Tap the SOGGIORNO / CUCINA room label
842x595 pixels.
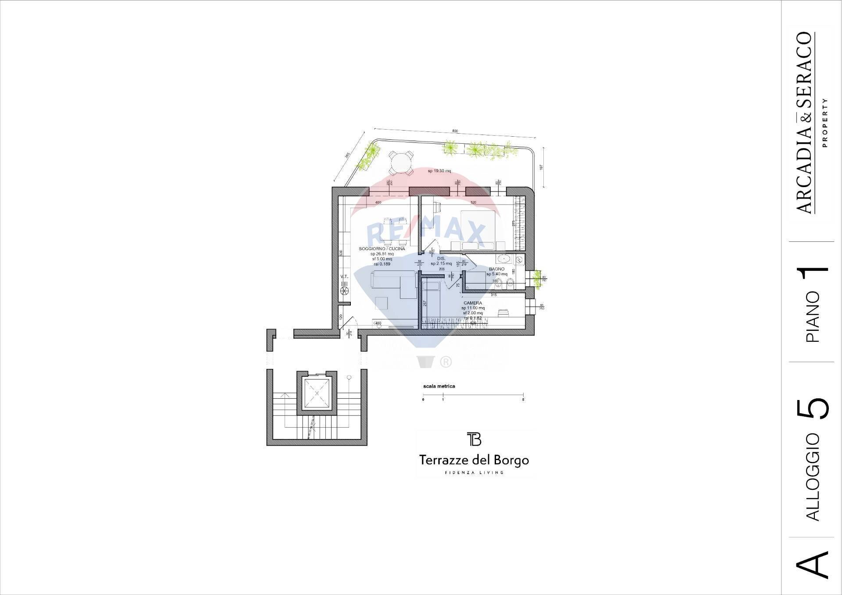[x=382, y=248]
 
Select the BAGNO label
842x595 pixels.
[x=496, y=269]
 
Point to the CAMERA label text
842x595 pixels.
[x=472, y=303]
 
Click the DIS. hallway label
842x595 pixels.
[x=441, y=259]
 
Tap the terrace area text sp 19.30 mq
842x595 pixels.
[x=439, y=171]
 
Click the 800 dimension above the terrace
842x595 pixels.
[x=455, y=131]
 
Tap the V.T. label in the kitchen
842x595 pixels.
[x=344, y=276]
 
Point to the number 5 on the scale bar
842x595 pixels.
[x=524, y=400]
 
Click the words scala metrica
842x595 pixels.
[x=439, y=386]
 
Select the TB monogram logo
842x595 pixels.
[x=474, y=439]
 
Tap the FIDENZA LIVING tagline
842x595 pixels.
[x=474, y=472]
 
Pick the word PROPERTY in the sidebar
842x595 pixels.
[x=825, y=123]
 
